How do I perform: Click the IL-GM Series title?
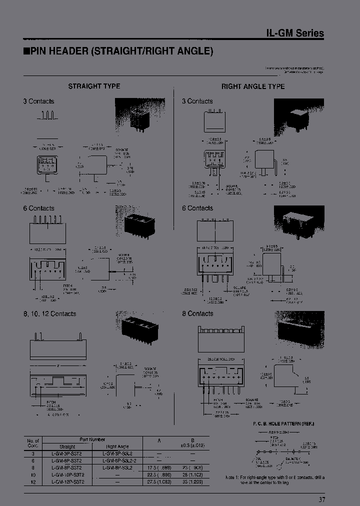coord(294,33)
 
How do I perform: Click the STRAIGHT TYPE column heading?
coord(94,86)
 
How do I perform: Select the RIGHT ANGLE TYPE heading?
coord(253,86)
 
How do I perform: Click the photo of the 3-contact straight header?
coord(136,115)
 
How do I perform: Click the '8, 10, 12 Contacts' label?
coord(49,314)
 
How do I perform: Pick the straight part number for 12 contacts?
coord(67,481)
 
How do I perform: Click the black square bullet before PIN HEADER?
coord(26,51)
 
